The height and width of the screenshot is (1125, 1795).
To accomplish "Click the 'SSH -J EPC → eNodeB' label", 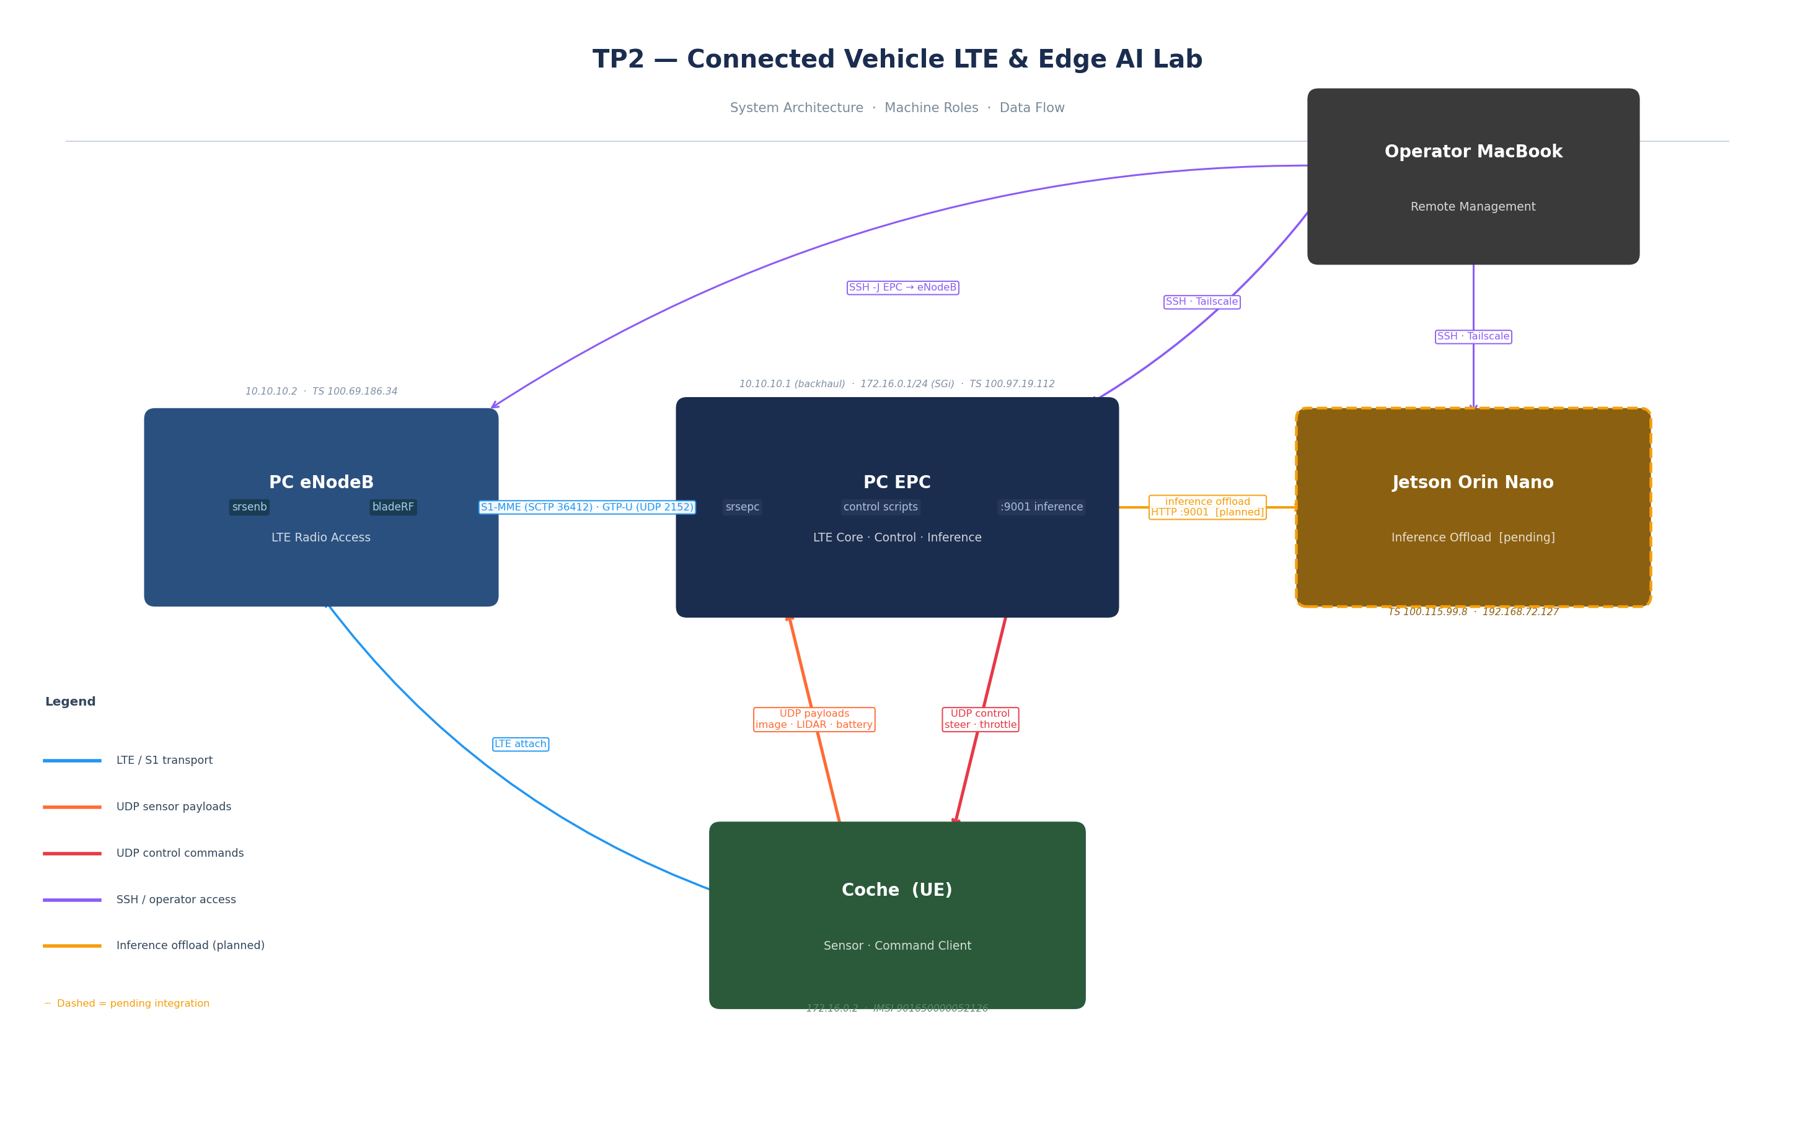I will click(902, 288).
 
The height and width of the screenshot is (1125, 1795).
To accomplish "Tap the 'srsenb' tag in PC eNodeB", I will click(249, 507).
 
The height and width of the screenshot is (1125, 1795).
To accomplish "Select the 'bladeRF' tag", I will click(393, 507).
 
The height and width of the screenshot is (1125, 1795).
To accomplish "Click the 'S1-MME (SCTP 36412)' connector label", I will click(586, 507).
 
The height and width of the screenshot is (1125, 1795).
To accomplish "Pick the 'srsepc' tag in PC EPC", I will click(742, 507).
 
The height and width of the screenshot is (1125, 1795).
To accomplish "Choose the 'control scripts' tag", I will click(880, 507).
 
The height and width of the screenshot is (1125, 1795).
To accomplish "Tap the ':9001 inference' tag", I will click(1041, 507).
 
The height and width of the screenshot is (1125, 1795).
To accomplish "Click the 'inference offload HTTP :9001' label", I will click(1207, 507).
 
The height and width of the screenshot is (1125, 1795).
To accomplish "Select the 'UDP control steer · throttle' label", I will click(980, 719).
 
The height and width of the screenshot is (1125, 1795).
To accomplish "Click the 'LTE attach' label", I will click(520, 744).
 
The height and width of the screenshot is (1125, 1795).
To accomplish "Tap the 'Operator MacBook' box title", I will click(1473, 152).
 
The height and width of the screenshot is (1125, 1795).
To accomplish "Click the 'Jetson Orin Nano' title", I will click(1473, 483).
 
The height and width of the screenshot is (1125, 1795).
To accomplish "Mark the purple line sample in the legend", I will click(72, 900).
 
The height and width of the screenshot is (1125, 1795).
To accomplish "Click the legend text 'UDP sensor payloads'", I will click(174, 807).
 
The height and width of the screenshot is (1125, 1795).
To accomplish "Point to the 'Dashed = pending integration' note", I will click(133, 1004).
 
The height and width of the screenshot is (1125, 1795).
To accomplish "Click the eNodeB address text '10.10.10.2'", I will click(271, 392).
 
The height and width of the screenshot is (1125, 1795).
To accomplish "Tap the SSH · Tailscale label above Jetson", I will click(1473, 337).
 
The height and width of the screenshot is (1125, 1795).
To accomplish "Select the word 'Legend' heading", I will click(70, 703).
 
